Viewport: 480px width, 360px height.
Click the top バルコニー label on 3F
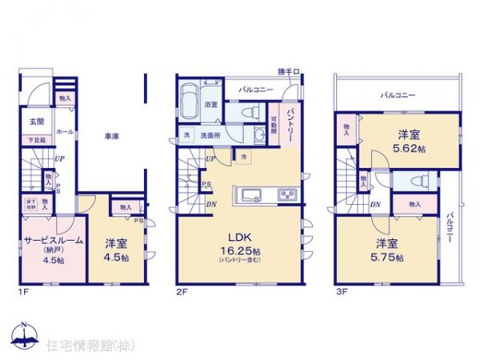pyautogui.click(x=398, y=95)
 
